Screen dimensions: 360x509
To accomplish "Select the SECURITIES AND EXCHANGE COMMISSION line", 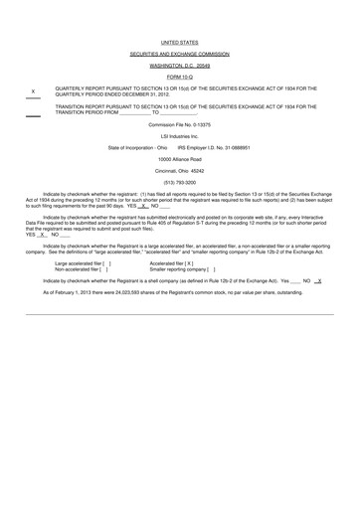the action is coord(179,56).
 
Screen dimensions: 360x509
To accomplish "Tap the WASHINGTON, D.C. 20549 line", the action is coord(179,67).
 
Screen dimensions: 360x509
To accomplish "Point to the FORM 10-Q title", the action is coord(179,78).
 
